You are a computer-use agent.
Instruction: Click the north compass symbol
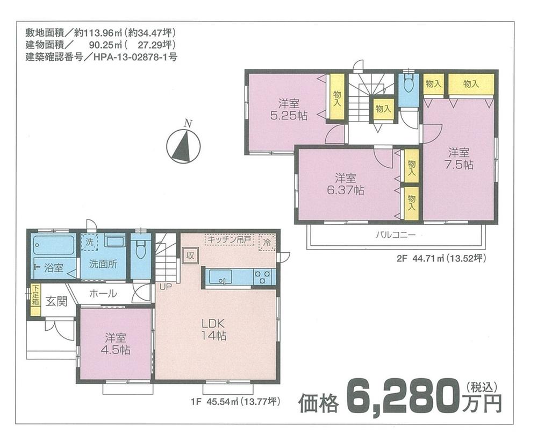(183, 146)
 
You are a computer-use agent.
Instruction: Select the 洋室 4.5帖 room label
(116, 344)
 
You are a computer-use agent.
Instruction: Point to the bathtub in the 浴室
(53, 246)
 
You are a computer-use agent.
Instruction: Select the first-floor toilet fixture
(141, 250)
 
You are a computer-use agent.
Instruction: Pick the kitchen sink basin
(220, 277)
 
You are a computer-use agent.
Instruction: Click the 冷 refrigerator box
(267, 243)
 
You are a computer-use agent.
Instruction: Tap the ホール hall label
(103, 294)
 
